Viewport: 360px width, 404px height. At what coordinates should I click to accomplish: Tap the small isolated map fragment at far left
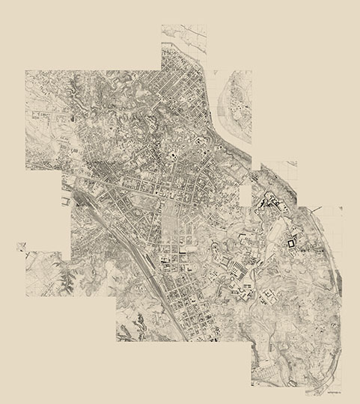click(x=20, y=247)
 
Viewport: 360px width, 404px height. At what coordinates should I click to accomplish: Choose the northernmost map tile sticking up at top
click(x=183, y=45)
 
